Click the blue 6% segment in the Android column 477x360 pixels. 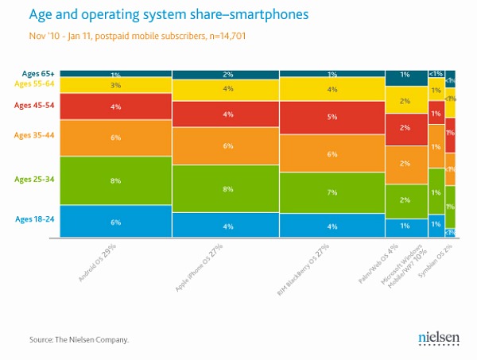[115, 222]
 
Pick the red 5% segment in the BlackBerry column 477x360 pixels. [332, 116]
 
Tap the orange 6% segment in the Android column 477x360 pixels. [115, 137]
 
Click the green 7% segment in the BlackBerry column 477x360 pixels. [332, 192]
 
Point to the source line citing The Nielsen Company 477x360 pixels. [79, 340]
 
